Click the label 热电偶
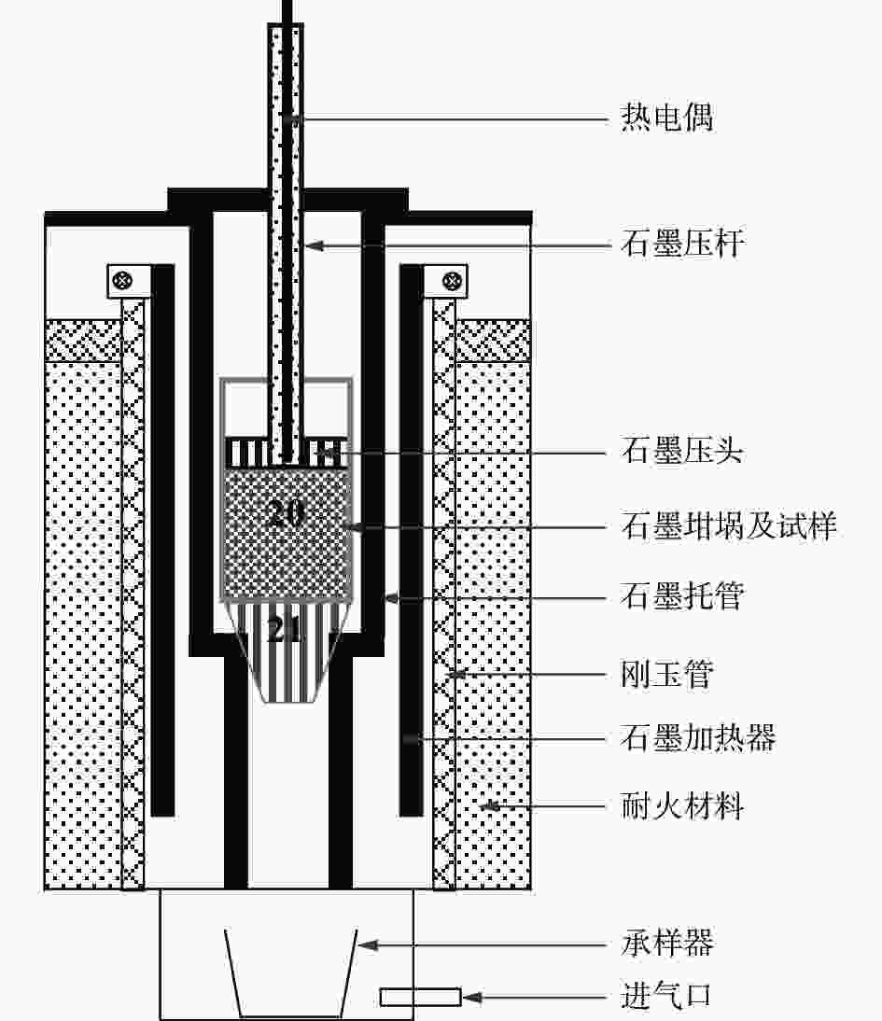[x=666, y=119]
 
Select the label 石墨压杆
[x=682, y=245]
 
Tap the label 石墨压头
[x=682, y=453]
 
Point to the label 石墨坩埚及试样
[x=729, y=526]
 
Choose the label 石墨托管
[x=682, y=595]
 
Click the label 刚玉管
[x=666, y=673]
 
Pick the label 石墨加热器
[x=698, y=738]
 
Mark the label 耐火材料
[x=682, y=804]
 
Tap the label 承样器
[x=666, y=944]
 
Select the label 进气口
[x=666, y=997]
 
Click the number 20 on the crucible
[x=286, y=514]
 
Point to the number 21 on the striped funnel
[x=286, y=632]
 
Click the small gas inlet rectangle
[x=420, y=997]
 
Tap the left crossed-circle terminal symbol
[x=121, y=278]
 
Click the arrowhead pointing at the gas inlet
[x=471, y=997]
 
